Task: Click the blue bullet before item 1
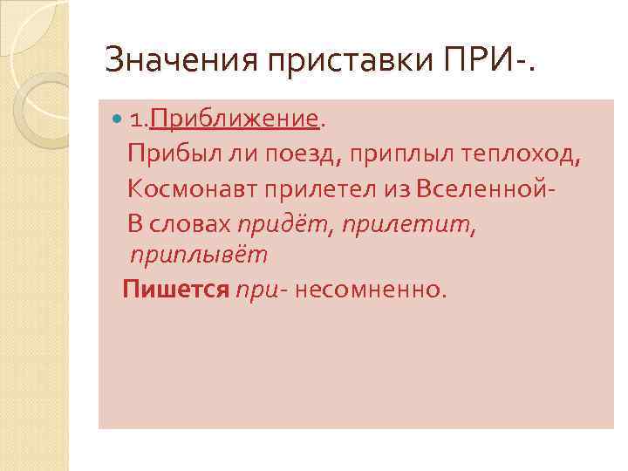click(x=117, y=118)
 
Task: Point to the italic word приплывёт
click(x=198, y=256)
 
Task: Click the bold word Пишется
click(x=175, y=290)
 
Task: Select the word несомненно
click(x=370, y=290)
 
